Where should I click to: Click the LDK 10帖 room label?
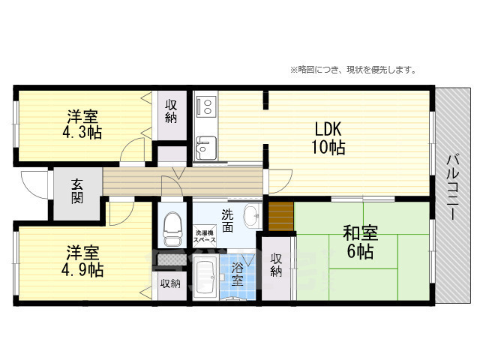tap(328, 138)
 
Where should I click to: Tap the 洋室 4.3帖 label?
tap(82, 124)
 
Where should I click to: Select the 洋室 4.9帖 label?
tap(82, 261)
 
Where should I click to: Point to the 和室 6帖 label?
tap(360, 242)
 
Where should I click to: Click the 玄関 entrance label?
tap(77, 191)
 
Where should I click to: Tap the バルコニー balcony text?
tap(453, 187)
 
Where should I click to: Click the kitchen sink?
tap(206, 148)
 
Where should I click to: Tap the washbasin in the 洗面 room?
tap(253, 217)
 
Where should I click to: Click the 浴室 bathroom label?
tap(237, 274)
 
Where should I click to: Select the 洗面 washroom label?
tap(227, 220)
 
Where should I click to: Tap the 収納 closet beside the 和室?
tap(276, 265)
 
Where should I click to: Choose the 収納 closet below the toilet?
tap(170, 284)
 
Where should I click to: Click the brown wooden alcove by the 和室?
tap(281, 216)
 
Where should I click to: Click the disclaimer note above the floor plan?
tap(353, 70)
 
